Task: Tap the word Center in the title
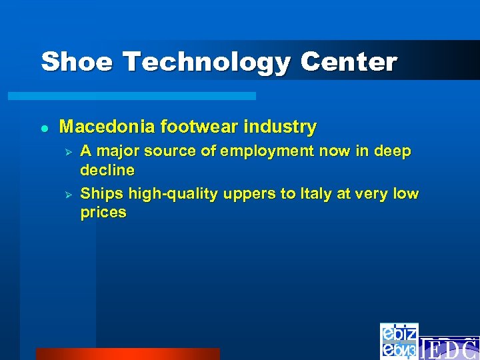[349, 62]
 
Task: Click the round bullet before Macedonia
[44, 127]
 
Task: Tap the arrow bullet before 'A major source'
[66, 152]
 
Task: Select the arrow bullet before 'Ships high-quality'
[66, 195]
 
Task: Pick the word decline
[107, 171]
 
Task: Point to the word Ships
[101, 194]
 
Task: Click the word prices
[103, 213]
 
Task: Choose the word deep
[393, 152]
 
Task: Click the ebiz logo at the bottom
[399, 341]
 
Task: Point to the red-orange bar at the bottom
[127, 354]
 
